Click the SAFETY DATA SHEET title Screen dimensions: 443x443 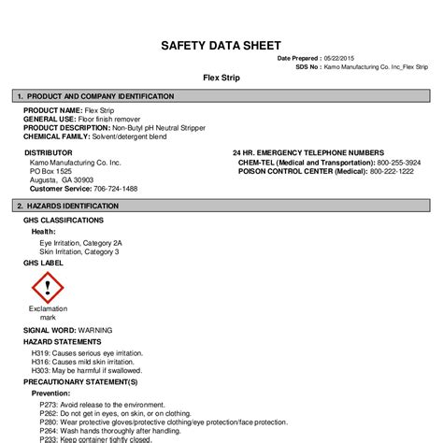(221, 45)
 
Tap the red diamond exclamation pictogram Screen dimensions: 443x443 (47, 287)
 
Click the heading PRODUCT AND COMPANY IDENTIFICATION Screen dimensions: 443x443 (100, 96)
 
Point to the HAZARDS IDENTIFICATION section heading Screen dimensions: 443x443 (72, 205)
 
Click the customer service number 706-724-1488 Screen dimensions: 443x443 (116, 188)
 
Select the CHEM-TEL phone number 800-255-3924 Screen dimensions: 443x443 (399, 162)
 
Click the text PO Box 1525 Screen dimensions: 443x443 (50, 171)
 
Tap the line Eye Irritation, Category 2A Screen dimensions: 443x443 (80, 243)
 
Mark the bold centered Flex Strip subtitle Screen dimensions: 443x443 (221, 78)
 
